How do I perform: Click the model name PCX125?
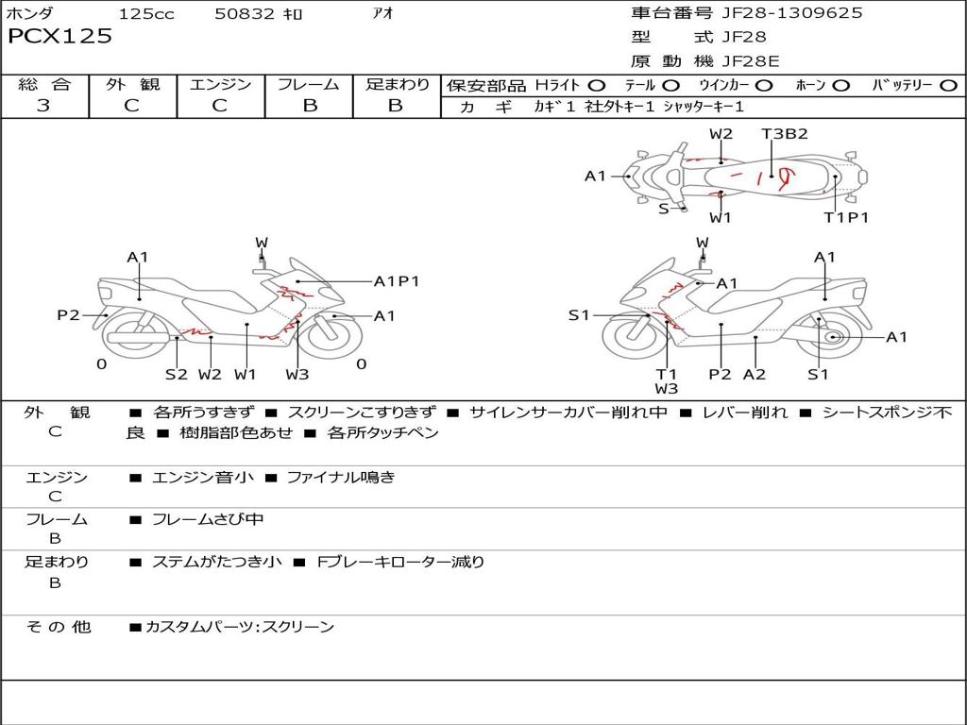[60, 37]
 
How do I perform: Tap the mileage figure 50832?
[245, 14]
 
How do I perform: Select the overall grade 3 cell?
[44, 106]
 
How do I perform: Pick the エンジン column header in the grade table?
[221, 85]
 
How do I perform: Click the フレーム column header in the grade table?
[309, 85]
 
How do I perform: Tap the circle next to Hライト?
[597, 86]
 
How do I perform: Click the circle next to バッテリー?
[948, 86]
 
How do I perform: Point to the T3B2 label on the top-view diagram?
[785, 134]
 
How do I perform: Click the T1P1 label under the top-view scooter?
[846, 217]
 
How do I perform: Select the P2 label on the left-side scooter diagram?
[68, 315]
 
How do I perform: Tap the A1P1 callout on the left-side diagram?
[396, 281]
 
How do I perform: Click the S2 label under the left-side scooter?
[177, 374]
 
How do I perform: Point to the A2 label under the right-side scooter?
[755, 374]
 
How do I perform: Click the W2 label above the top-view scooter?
[721, 134]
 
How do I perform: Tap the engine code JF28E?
[751, 61]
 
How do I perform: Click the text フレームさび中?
[208, 519]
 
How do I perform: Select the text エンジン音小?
[202, 478]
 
